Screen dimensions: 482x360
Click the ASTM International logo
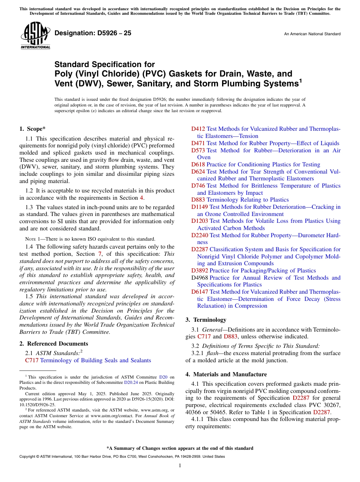pyautogui.click(x=35, y=36)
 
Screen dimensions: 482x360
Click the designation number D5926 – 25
pyautogui.click(x=93, y=33)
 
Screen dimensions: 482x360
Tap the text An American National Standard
pyautogui.click(x=312, y=34)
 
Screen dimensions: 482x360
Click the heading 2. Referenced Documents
pyautogui.click(x=54, y=344)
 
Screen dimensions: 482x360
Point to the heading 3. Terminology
pyautogui.click(x=206, y=319)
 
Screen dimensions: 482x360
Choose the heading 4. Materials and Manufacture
pyautogui.click(x=226, y=374)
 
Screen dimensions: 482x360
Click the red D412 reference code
pyautogui.click(x=198, y=129)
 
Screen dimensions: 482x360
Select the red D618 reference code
pyautogui.click(x=198, y=164)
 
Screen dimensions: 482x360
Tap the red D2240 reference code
pyautogui.click(x=199, y=235)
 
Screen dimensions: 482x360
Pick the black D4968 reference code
pyautogui.click(x=199, y=278)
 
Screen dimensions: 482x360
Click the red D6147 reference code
pyautogui.click(x=199, y=292)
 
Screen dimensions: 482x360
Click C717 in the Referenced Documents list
pyautogui.click(x=31, y=360)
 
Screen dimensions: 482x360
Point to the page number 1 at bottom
pyautogui.click(x=180, y=466)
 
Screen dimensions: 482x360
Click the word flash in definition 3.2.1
pyautogui.click(x=212, y=353)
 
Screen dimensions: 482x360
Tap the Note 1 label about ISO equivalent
pyautogui.click(x=30, y=239)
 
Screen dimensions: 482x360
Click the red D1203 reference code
pyautogui.click(x=199, y=221)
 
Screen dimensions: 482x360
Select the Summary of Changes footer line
pyautogui.click(x=180, y=448)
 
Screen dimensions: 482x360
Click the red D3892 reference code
pyautogui.click(x=199, y=271)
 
